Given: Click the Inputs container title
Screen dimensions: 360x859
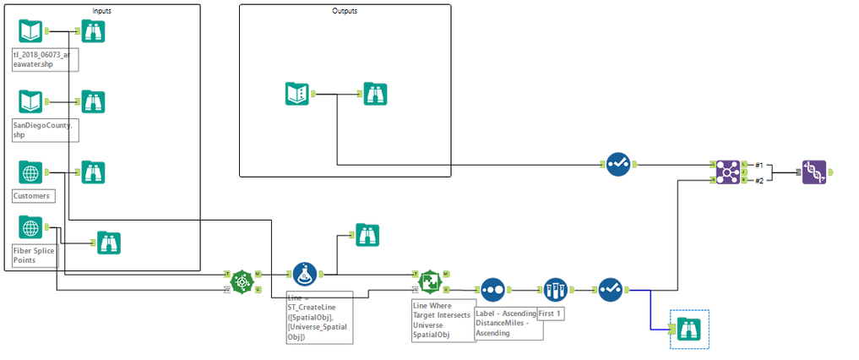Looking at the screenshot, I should point(102,10).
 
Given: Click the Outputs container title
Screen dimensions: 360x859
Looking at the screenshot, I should point(345,10).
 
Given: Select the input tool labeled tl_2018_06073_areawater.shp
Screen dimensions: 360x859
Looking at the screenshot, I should point(30,31).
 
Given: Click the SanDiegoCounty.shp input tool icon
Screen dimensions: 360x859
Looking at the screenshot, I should point(30,101).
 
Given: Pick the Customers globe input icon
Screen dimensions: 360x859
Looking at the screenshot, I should point(30,172).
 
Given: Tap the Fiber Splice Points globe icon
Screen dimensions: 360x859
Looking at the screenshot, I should point(30,228).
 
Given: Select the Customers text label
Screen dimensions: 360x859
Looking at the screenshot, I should point(32,196).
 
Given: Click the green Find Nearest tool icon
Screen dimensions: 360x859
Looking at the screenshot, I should point(242,281).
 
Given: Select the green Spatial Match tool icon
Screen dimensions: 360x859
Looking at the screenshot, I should point(431,281).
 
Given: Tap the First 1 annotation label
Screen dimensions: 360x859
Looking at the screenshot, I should point(551,314).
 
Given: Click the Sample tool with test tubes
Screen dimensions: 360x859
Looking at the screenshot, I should point(554,290).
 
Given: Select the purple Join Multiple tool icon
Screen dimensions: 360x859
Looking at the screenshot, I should point(727,172).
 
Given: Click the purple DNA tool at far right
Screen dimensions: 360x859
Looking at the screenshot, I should point(814,172).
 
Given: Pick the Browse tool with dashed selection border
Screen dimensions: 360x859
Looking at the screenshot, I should point(688,330).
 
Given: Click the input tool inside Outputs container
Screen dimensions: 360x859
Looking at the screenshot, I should point(298,93).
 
